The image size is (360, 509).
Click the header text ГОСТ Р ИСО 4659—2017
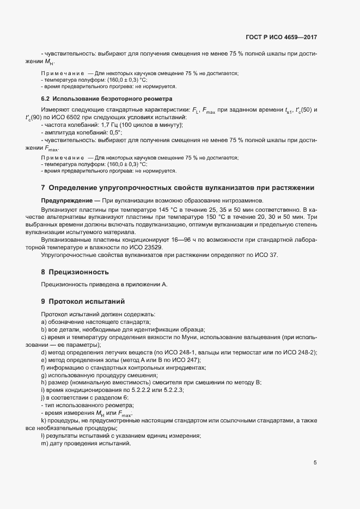(281, 38)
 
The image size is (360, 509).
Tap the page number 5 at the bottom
(315, 463)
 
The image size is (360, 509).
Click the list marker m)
(44, 444)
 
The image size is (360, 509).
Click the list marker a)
(44, 322)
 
